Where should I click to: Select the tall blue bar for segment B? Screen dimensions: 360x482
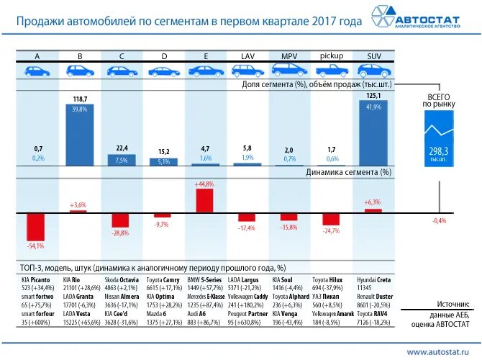pos(79,135)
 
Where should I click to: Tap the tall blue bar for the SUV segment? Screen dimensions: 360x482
pos(374,135)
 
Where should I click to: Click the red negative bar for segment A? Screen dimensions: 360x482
pos(37,227)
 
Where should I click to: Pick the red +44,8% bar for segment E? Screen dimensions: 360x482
pos(204,201)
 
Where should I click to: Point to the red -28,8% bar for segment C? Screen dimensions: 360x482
pos(120,220)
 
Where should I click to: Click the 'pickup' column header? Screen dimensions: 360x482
pos(331,55)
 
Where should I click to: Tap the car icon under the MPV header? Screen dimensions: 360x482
pos(289,71)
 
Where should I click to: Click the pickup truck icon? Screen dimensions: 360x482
pos(331,71)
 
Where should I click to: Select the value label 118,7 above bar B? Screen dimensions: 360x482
pos(79,99)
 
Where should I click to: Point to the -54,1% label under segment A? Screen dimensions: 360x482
pos(36,246)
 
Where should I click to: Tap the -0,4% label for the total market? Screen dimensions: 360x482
pos(439,220)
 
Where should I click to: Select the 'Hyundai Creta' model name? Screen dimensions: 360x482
pos(374,279)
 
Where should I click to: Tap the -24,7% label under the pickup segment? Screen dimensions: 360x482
pos(331,231)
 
